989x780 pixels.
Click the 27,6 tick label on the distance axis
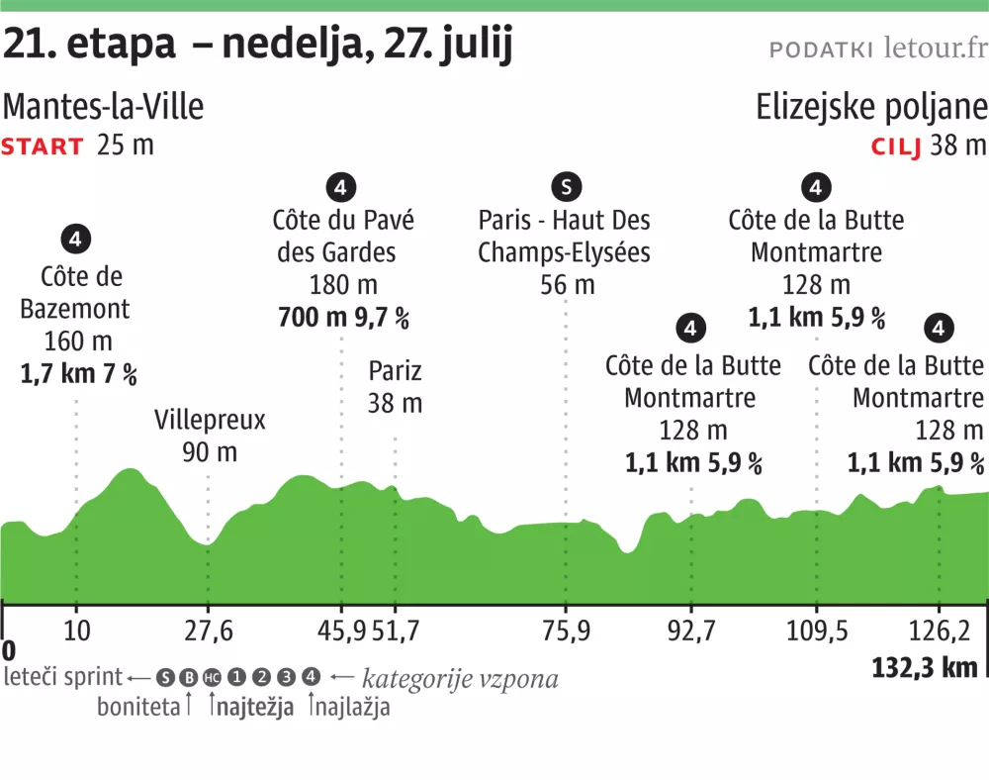click(208, 630)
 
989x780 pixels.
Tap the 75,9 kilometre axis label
click(566, 630)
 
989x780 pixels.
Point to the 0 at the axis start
click(9, 651)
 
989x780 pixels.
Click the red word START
click(43, 147)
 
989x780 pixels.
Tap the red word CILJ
click(896, 147)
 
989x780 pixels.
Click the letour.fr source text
click(935, 48)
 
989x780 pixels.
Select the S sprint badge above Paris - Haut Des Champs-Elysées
click(566, 186)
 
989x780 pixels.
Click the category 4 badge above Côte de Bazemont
click(76, 239)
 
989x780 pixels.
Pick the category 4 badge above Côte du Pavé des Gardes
click(341, 186)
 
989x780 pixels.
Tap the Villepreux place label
click(210, 420)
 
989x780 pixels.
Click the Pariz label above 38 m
click(395, 371)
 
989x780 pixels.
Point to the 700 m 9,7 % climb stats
click(343, 319)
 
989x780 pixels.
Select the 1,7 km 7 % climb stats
click(78, 374)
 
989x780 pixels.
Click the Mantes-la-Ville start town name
click(104, 107)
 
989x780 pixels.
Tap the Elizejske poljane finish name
click(871, 107)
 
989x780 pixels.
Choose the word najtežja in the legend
click(254, 708)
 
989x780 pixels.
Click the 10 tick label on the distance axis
click(76, 630)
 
